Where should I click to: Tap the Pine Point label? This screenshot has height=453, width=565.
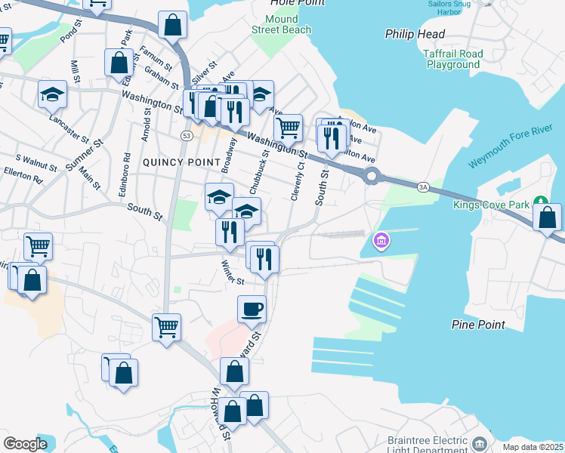(x=477, y=325)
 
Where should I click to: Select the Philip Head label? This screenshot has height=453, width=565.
(x=415, y=34)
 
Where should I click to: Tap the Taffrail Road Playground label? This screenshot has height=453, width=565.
(x=452, y=60)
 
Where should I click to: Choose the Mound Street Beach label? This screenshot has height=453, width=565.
(x=282, y=24)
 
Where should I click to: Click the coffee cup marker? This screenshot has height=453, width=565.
(x=252, y=308)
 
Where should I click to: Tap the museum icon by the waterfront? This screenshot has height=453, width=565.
(x=382, y=241)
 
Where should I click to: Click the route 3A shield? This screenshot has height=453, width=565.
(x=423, y=186)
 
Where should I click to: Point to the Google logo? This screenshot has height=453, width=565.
(x=25, y=443)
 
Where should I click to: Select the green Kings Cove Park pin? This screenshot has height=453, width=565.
(x=540, y=201)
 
